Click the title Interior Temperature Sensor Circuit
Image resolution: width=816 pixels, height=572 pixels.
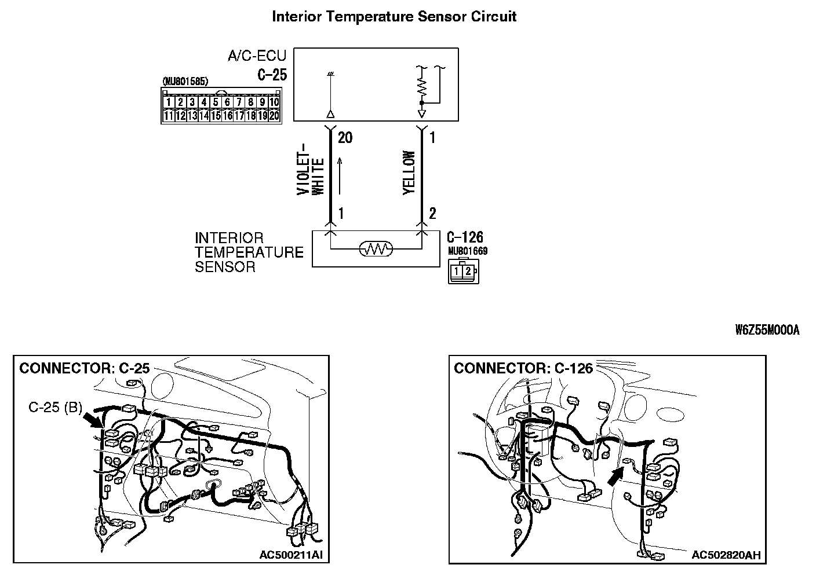pos(394,17)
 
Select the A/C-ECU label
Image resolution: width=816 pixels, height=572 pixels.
pos(257,56)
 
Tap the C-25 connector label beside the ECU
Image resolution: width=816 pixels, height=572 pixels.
pos(272,75)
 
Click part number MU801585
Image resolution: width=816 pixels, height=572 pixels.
pos(185,82)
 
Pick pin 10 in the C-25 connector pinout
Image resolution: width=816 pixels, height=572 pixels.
pos(274,102)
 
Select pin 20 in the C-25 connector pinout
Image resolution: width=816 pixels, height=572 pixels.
pos(274,116)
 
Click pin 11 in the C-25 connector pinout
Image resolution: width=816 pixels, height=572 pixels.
pos(169,116)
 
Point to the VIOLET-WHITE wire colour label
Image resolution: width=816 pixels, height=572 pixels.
pos(311,174)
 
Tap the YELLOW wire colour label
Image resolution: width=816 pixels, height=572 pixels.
pos(409,173)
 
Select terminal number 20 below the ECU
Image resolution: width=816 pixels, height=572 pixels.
pos(344,138)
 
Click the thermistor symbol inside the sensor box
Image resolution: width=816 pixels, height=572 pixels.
pos(376,250)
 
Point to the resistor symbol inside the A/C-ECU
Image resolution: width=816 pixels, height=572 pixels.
pos(421,86)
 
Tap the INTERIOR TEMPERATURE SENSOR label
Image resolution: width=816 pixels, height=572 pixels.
pos(249,252)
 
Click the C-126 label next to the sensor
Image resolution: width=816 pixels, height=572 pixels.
pos(465,237)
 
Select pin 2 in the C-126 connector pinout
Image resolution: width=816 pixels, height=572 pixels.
pos(468,270)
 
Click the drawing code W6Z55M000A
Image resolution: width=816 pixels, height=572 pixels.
pos(767,331)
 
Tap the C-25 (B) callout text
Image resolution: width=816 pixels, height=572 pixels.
pos(55,407)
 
